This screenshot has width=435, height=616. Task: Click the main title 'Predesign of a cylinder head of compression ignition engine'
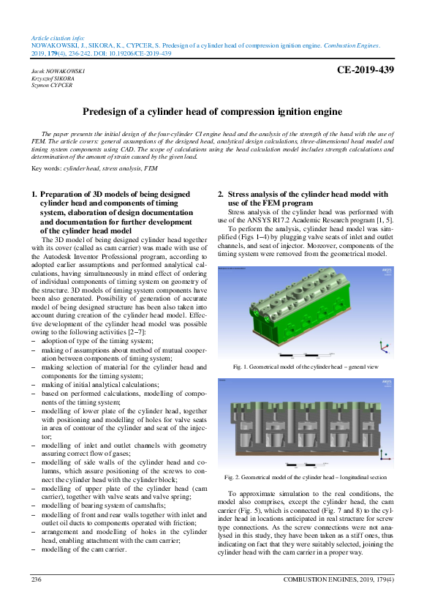[212, 112]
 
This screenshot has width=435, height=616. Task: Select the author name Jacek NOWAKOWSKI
[58, 71]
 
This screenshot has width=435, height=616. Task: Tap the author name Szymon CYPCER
[51, 85]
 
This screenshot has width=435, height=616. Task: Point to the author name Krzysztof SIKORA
[53, 78]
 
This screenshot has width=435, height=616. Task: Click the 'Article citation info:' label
[58, 37]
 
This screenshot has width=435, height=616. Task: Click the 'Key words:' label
[48, 168]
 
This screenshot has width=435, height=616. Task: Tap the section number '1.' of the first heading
[34, 195]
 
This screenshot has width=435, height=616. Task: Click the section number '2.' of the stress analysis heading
[222, 195]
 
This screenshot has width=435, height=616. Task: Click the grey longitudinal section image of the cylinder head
[306, 424]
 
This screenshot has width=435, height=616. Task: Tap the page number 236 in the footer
[36, 579]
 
